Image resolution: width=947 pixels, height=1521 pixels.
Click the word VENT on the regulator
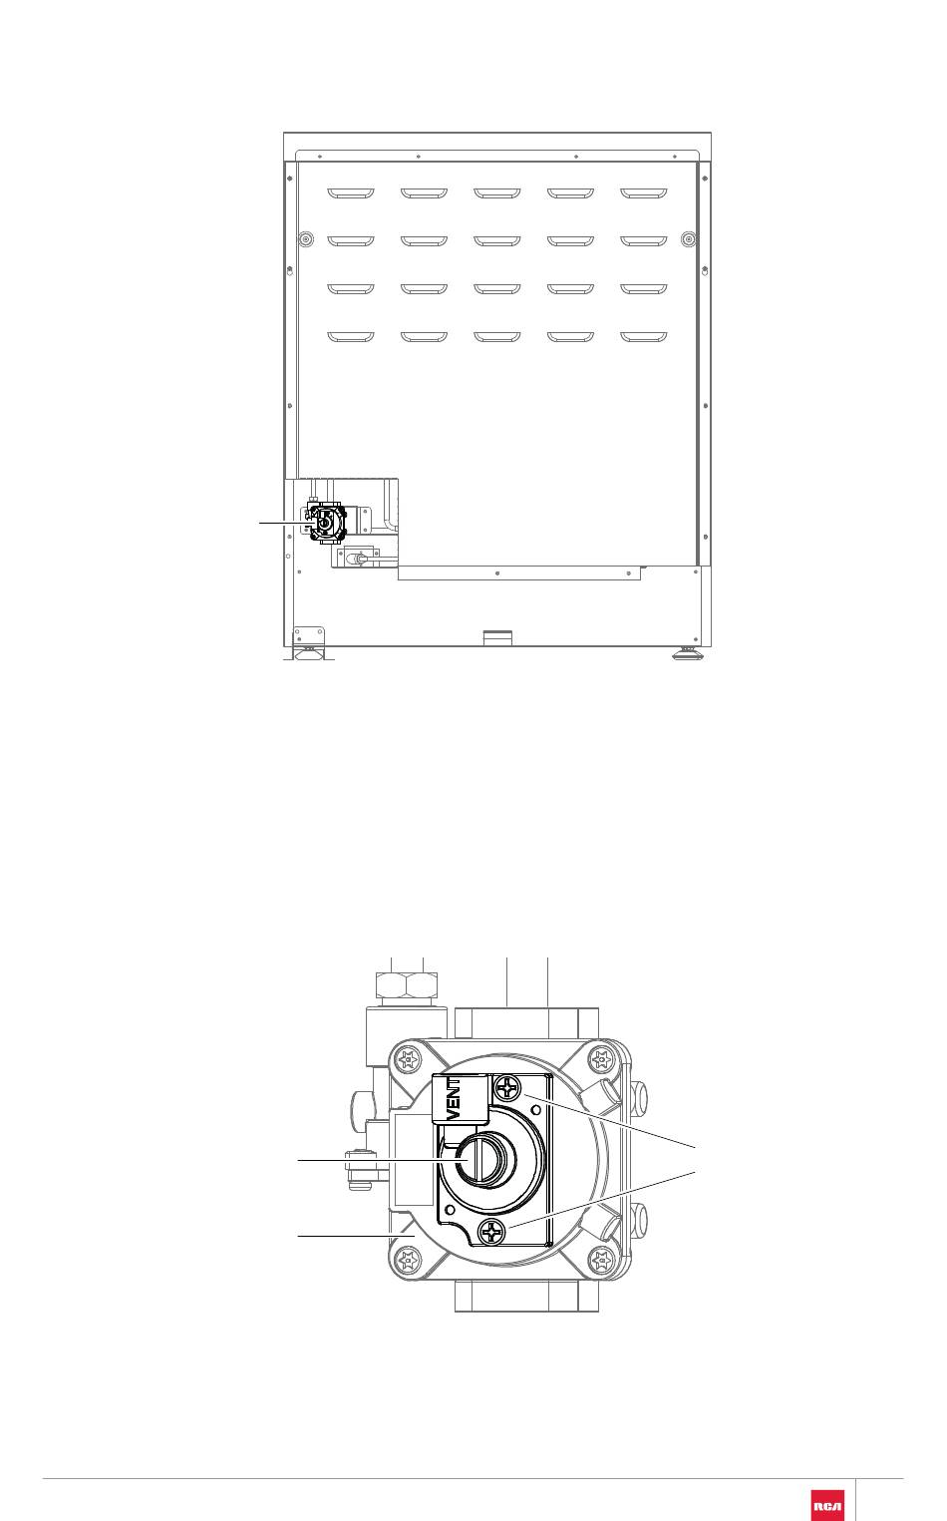(x=456, y=1099)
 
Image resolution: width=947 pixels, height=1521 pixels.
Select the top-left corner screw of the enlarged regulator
(x=408, y=1058)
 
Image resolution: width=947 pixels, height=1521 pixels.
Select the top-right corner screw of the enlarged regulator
(x=599, y=1058)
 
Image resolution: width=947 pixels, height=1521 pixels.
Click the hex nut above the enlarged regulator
(x=407, y=983)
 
